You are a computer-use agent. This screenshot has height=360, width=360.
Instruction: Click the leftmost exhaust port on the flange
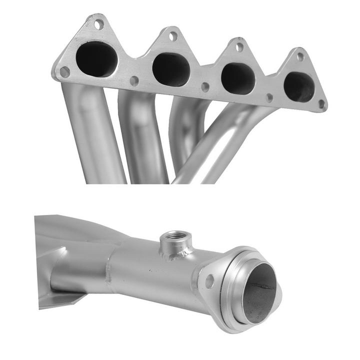pos(96,59)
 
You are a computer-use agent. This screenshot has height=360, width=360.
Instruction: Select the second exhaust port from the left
pos(171,69)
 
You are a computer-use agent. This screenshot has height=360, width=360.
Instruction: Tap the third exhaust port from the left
pos(238,78)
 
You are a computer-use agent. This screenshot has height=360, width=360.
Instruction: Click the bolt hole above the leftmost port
pos(98,23)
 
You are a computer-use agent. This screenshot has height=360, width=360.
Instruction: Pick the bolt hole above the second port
pos(172,35)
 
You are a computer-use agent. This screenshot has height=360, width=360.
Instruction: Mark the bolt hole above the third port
pos(239,47)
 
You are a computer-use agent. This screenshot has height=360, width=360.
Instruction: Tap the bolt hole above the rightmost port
pos(300,56)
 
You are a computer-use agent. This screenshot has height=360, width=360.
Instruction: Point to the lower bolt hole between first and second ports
pos(134,80)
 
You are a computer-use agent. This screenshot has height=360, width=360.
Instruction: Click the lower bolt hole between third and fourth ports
pos(269,97)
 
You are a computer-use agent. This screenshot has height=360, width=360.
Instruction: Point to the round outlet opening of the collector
pos(259,292)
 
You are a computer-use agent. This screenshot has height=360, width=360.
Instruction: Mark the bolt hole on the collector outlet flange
pos(209,281)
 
